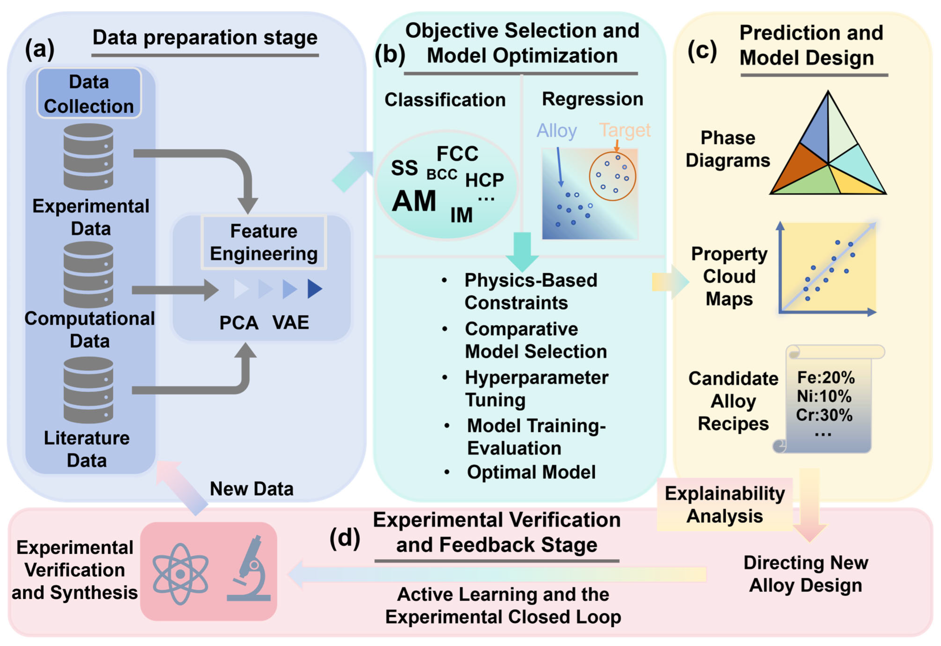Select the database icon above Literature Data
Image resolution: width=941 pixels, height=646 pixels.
tap(88, 390)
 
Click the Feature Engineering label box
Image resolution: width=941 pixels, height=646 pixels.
tap(264, 242)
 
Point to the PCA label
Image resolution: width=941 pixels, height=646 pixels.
tap(239, 323)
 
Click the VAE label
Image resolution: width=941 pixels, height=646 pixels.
tap(290, 323)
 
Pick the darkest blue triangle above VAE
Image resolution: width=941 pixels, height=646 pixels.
tap(314, 289)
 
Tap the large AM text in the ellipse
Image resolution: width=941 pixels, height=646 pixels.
tap(414, 201)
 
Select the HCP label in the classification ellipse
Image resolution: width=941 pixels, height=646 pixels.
tap(484, 180)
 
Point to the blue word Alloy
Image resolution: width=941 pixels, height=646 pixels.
tap(556, 131)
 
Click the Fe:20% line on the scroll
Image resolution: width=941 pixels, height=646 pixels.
tap(826, 378)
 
